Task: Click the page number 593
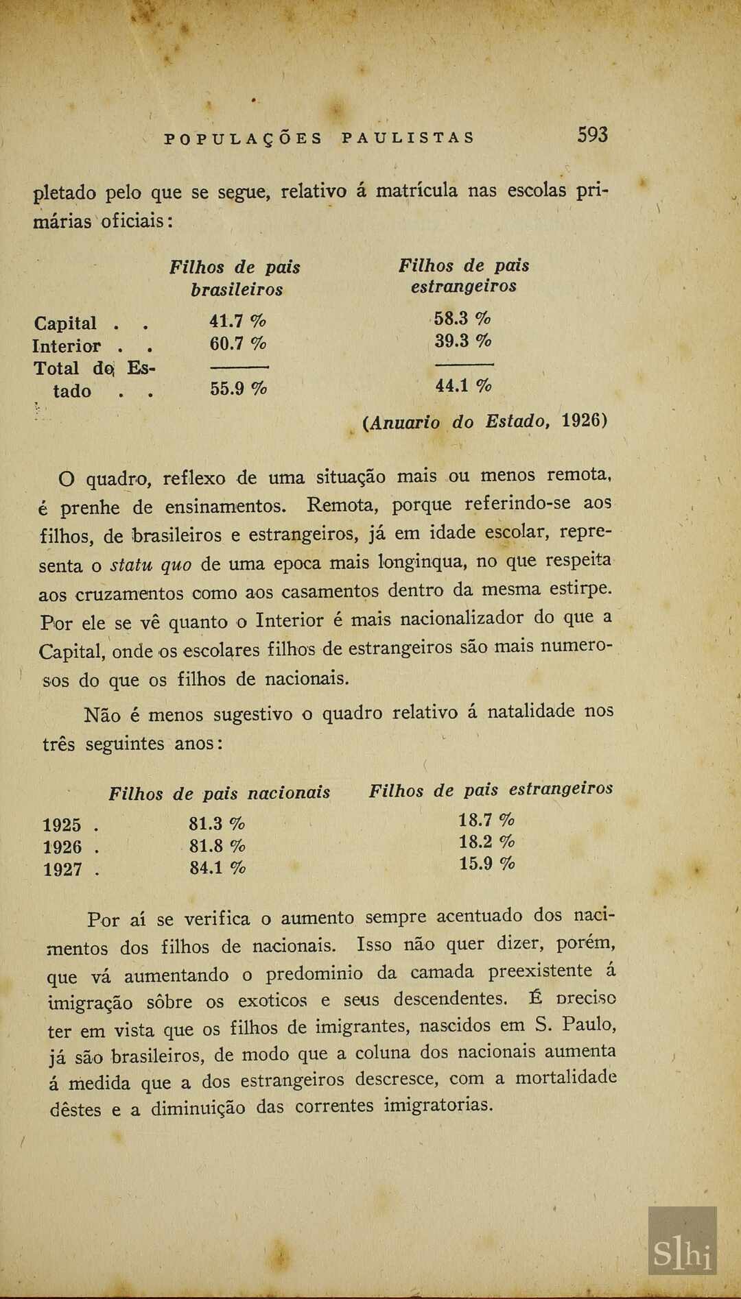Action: coord(592,134)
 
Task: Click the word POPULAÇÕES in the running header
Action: coord(243,138)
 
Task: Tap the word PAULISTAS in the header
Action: coord(408,138)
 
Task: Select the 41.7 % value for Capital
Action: coord(237,320)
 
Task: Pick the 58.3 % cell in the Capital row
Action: coord(462,318)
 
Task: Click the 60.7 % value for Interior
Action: coord(237,343)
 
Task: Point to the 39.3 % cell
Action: coord(463,341)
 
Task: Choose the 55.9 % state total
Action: coord(238,389)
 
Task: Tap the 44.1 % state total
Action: coord(463,386)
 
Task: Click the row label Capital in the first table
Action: coord(65,323)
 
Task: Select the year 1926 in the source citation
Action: coord(580,420)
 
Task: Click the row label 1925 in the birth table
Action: coord(62,825)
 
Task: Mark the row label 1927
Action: coord(62,869)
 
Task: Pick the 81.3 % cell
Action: coord(217,823)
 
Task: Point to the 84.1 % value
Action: coord(217,868)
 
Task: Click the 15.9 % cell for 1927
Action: coord(486,863)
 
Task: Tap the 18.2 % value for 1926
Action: coord(486,841)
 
